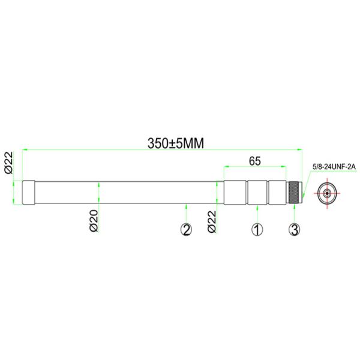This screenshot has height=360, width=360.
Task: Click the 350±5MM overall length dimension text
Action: pos(176,143)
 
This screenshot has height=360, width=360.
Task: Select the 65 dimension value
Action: pos(254,161)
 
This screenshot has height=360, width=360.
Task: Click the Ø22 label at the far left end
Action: pos(9,162)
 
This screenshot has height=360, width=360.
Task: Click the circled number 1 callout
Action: pos(257,229)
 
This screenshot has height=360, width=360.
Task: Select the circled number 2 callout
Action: pos(187,229)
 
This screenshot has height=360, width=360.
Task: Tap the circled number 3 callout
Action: pos(294,229)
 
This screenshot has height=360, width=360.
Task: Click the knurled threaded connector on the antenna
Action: pos(294,193)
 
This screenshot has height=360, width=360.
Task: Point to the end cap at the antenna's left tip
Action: pos(29,193)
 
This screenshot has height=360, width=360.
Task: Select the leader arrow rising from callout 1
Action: pos(257,208)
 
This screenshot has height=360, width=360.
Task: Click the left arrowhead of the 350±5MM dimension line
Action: pos(25,149)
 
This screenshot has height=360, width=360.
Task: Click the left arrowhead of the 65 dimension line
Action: pos(227,166)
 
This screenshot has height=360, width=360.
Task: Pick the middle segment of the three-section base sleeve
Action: pos(257,193)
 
